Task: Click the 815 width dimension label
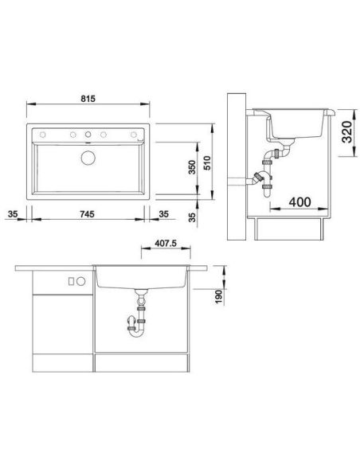click(x=88, y=99)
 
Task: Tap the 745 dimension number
click(x=87, y=214)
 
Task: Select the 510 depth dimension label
click(x=207, y=162)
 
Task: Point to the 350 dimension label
click(x=193, y=167)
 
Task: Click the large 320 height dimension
click(x=347, y=132)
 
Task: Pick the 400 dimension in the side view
click(x=300, y=202)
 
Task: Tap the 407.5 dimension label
click(x=166, y=244)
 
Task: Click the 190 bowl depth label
click(x=219, y=296)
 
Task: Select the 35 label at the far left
click(x=13, y=214)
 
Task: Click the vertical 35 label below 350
click(x=193, y=217)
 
